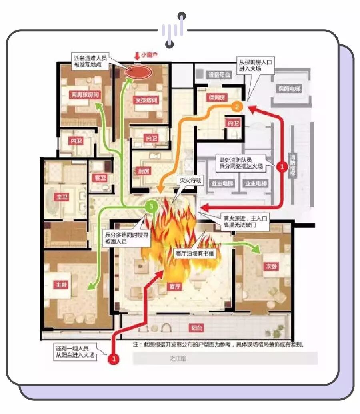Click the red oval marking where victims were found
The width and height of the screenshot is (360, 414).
click(x=138, y=72)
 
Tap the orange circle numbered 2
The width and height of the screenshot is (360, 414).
click(x=237, y=107)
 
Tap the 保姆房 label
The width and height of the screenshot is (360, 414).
click(x=216, y=97)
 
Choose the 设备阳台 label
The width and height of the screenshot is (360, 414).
click(x=218, y=74)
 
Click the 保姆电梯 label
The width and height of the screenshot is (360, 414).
click(x=290, y=88)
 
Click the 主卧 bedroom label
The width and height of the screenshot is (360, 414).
click(x=60, y=284)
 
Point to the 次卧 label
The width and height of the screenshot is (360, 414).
click(x=270, y=266)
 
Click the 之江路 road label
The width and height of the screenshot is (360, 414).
click(x=178, y=358)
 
